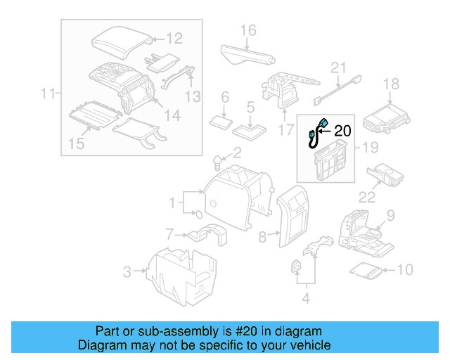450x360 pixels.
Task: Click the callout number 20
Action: (342, 130)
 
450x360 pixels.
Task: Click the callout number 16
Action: (248, 30)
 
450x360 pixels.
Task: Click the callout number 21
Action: (340, 68)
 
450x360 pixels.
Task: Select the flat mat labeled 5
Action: (250, 129)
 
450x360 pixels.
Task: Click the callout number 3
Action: (127, 271)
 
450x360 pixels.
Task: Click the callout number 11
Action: (47, 93)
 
